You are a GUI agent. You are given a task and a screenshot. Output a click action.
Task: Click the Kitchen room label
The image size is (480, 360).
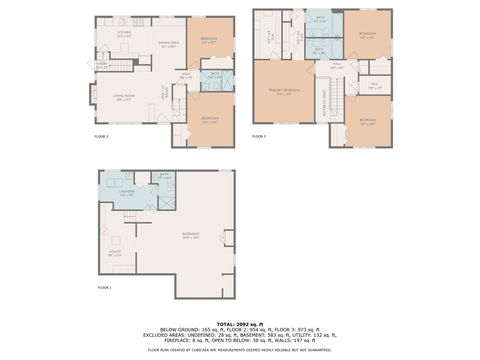(x=124, y=33)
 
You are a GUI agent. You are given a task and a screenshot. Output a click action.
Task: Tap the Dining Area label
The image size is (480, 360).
(x=169, y=44)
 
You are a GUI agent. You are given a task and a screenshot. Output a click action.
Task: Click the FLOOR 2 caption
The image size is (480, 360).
(x=101, y=135)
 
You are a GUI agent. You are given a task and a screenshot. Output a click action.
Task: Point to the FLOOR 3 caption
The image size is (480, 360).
(x=258, y=135)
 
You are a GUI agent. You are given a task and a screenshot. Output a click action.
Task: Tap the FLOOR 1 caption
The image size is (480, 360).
(x=104, y=287)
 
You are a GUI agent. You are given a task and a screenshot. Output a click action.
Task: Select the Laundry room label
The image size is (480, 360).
(x=127, y=191)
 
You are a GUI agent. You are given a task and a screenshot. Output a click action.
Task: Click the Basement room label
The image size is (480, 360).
(x=190, y=237)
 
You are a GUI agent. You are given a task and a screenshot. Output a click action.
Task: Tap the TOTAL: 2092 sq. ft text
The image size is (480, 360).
(x=240, y=325)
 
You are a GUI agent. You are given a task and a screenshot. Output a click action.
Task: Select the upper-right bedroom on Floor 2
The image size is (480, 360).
(x=209, y=41)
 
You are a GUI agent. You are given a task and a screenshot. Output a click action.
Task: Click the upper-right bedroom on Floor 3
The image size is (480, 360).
(x=367, y=35)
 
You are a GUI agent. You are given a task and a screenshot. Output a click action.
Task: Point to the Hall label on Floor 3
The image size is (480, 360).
(x=336, y=66)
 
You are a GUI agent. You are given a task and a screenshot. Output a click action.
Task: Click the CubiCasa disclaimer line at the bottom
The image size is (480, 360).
(x=240, y=350)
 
